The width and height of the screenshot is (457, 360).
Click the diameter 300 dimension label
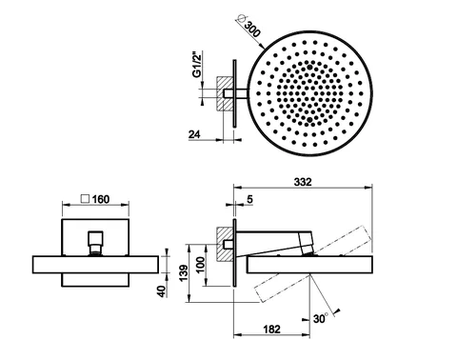(x=249, y=28)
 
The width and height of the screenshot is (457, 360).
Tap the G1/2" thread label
(x=197, y=64)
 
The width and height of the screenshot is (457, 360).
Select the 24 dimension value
(x=194, y=134)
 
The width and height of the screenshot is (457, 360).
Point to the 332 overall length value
(x=303, y=182)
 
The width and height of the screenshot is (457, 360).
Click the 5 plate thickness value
(x=249, y=199)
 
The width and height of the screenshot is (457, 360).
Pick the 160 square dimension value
(x=101, y=199)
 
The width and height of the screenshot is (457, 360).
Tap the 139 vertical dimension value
(x=184, y=273)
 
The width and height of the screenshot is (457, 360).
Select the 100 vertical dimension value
(x=201, y=266)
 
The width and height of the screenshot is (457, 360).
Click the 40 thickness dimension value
(x=162, y=291)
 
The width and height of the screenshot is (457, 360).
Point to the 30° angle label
(x=321, y=318)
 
